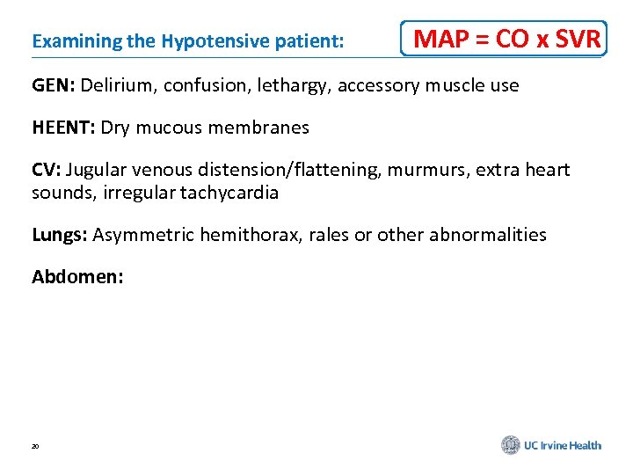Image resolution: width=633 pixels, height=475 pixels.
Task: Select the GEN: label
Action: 54,85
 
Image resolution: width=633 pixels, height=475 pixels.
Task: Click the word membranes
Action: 269,128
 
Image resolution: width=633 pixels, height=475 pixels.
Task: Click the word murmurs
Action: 420,170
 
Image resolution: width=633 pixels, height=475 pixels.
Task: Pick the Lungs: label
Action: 59,235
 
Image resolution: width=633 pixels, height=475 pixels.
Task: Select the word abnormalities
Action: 488,235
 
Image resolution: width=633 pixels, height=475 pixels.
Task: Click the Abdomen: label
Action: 77,277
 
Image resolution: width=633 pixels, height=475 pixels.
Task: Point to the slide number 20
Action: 35,447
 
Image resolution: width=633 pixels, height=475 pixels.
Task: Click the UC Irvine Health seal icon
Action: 511,446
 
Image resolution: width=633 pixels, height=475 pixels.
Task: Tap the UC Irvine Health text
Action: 563,446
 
